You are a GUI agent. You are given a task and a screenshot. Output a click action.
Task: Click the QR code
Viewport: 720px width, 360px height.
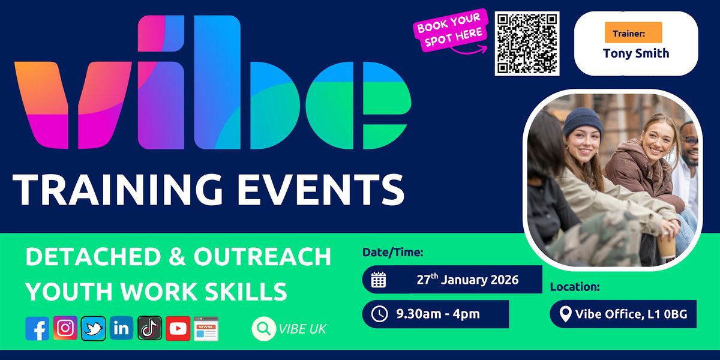[527, 43]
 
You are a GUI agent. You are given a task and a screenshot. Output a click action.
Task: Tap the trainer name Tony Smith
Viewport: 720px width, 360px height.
[636, 53]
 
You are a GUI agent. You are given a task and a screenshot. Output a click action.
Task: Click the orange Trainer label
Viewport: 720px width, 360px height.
[633, 32]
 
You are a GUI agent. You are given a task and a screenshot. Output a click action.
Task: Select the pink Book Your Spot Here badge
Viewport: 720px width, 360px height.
[449, 29]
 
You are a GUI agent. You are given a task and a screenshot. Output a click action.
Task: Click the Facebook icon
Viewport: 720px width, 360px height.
[37, 328]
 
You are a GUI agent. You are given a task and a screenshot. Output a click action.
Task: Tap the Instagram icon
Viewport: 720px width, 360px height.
[65, 328]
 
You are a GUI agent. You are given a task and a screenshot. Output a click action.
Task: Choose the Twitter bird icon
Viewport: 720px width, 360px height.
[94, 328]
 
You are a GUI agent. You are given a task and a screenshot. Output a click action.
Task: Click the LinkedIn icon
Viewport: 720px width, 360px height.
[122, 328]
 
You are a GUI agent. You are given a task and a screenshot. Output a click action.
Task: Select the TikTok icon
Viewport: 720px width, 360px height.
[150, 328]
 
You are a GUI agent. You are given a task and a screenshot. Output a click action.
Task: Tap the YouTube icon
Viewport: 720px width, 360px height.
[178, 328]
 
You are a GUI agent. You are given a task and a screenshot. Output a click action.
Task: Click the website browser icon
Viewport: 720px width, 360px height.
[206, 328]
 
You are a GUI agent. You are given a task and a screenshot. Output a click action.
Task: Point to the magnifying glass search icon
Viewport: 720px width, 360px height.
[262, 329]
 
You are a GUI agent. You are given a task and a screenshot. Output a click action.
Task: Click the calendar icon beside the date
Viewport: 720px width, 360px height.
[379, 280]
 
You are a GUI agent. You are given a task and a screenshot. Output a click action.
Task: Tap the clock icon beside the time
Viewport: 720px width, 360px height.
[379, 314]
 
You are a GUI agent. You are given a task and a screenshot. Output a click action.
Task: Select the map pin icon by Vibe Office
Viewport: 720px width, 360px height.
[565, 314]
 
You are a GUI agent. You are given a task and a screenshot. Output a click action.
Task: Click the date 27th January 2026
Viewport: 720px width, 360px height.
[467, 280]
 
